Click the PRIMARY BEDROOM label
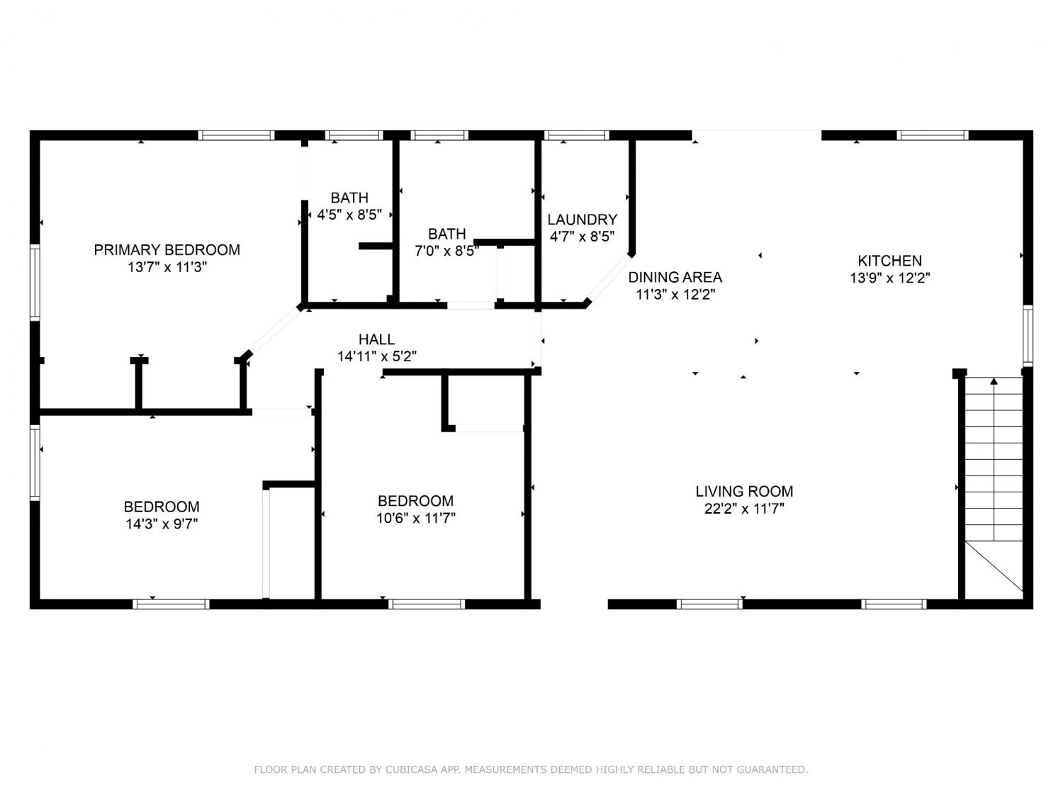click(x=167, y=249)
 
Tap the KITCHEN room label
click(x=889, y=261)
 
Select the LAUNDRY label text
click(x=582, y=220)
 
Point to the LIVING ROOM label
click(x=744, y=491)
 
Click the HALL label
click(x=376, y=339)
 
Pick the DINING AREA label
click(x=675, y=277)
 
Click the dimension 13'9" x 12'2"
click(x=890, y=278)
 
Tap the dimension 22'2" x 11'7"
click(x=744, y=509)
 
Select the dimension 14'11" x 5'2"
click(x=377, y=356)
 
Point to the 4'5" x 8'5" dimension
click(x=349, y=215)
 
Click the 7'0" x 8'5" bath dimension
click(x=446, y=251)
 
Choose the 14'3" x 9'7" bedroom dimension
click(x=162, y=524)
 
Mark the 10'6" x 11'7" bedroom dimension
click(x=416, y=519)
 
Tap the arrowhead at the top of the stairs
click(x=994, y=381)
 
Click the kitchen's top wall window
click(x=932, y=135)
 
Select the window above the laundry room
click(x=576, y=135)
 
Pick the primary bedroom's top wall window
click(x=236, y=135)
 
